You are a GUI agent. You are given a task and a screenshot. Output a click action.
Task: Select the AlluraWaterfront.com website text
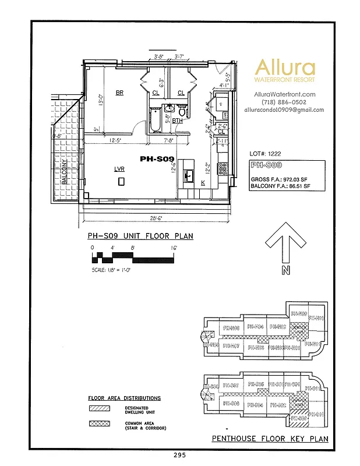tap(284, 94)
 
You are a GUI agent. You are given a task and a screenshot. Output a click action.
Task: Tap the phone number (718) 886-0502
tap(284, 102)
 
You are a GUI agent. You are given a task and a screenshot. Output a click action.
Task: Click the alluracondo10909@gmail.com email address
tap(284, 110)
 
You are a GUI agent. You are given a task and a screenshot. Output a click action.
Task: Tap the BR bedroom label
tap(119, 93)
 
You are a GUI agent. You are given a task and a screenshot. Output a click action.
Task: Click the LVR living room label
tap(119, 169)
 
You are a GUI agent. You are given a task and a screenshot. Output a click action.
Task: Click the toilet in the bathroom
tap(182, 112)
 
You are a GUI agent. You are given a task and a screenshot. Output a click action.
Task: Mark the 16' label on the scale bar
tap(174, 248)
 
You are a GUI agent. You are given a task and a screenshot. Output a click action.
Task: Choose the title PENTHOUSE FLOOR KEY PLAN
tap(270, 439)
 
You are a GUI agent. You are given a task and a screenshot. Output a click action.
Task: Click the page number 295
tap(180, 454)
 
